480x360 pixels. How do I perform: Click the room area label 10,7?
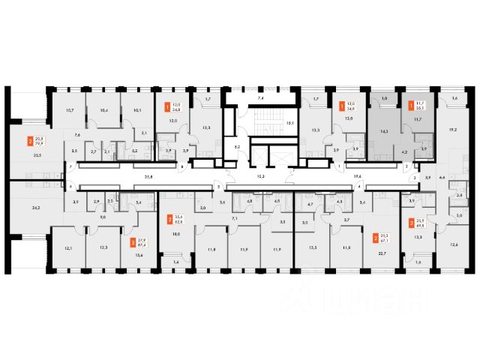point(70,110)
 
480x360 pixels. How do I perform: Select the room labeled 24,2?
point(36,208)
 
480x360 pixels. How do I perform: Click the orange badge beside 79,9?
point(29,140)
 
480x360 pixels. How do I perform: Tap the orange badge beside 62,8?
point(169,219)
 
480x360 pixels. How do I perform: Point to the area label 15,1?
point(290,122)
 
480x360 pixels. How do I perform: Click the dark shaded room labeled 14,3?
point(385,130)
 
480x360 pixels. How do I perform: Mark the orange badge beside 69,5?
point(411,222)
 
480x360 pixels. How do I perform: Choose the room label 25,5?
point(37,155)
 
